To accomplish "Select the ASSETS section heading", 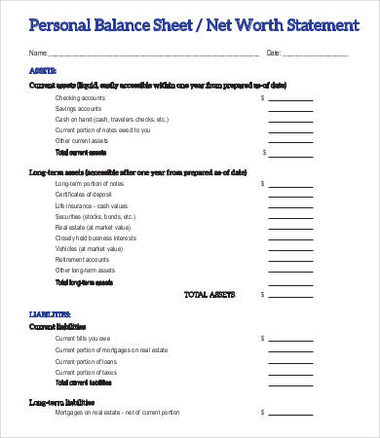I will pyautogui.click(x=43, y=70).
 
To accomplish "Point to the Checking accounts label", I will pyautogui.click(x=81, y=98).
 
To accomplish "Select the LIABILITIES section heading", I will pyautogui.click(x=49, y=315).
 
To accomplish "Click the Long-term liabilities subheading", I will pyautogui.click(x=61, y=401).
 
